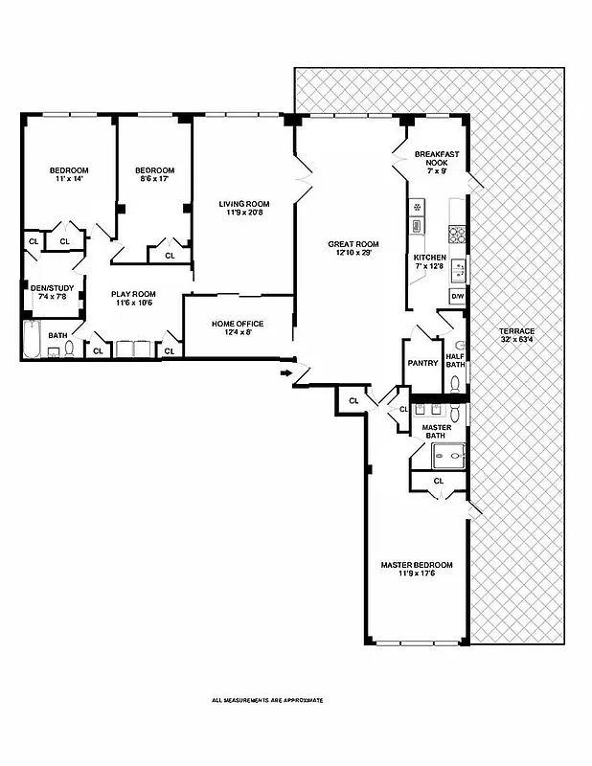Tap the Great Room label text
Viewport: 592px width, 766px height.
(353, 244)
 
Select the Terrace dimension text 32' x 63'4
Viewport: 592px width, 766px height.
(517, 339)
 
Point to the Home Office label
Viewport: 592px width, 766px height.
(238, 324)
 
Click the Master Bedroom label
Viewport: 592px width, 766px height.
(417, 565)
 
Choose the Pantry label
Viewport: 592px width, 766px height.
(422, 363)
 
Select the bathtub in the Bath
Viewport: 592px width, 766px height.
(31, 340)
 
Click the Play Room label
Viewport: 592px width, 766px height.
(132, 294)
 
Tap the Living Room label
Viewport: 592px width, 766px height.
(243, 204)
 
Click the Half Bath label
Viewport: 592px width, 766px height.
(455, 360)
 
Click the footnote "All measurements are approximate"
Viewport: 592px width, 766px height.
(267, 700)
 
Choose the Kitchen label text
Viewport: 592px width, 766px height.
(429, 259)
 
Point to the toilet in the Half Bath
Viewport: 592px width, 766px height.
(458, 381)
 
